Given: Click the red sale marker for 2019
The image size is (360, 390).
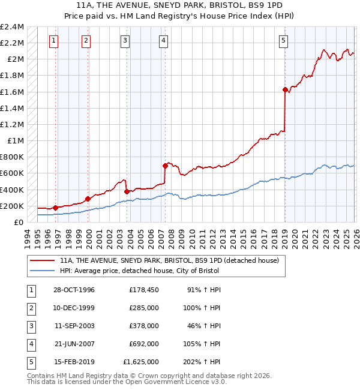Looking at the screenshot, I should [285, 90].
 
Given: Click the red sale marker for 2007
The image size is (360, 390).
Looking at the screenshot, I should [164, 166].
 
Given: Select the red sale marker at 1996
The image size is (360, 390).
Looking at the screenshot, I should [55, 208].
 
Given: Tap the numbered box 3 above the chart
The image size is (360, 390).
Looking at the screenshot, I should [125, 41].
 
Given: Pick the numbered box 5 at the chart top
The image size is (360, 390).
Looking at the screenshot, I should [283, 41].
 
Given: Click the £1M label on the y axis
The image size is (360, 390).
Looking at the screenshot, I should [16, 141].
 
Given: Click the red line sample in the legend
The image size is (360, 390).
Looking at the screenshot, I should [42, 261].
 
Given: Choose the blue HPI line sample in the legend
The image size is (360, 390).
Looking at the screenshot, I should [42, 271].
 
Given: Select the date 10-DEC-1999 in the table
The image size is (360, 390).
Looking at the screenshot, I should [74, 308].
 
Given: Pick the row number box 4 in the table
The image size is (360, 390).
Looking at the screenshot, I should [30, 344].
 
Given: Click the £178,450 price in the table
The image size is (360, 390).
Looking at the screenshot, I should [143, 290].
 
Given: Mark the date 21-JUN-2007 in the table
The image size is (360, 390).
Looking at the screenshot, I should [74, 344].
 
